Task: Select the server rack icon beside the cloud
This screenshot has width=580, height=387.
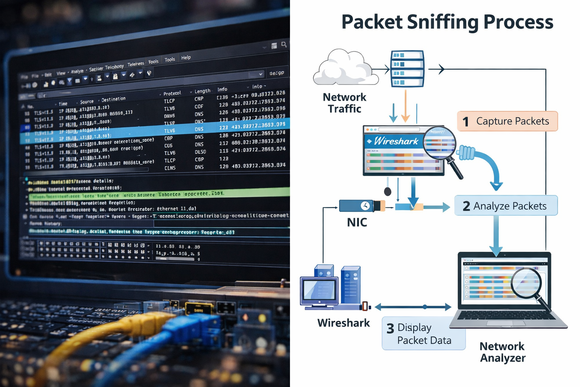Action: [x=407, y=68]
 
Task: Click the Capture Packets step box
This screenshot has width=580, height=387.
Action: [x=507, y=121]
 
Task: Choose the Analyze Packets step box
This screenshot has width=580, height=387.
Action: [x=506, y=206]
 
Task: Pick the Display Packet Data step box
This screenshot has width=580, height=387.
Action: [x=423, y=333]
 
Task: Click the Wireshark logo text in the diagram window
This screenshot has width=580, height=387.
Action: [x=396, y=141]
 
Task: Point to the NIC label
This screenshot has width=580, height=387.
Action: [x=357, y=223]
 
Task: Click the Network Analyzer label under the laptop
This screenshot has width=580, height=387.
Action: [x=502, y=352]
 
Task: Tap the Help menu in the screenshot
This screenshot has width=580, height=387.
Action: [x=186, y=58]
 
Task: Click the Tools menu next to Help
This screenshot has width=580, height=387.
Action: [x=170, y=60]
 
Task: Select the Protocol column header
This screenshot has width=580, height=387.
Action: [x=172, y=93]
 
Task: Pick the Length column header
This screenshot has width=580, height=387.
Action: [x=202, y=91]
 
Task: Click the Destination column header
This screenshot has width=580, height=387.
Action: [x=113, y=99]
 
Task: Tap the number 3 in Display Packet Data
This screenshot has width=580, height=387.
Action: [x=390, y=328]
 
